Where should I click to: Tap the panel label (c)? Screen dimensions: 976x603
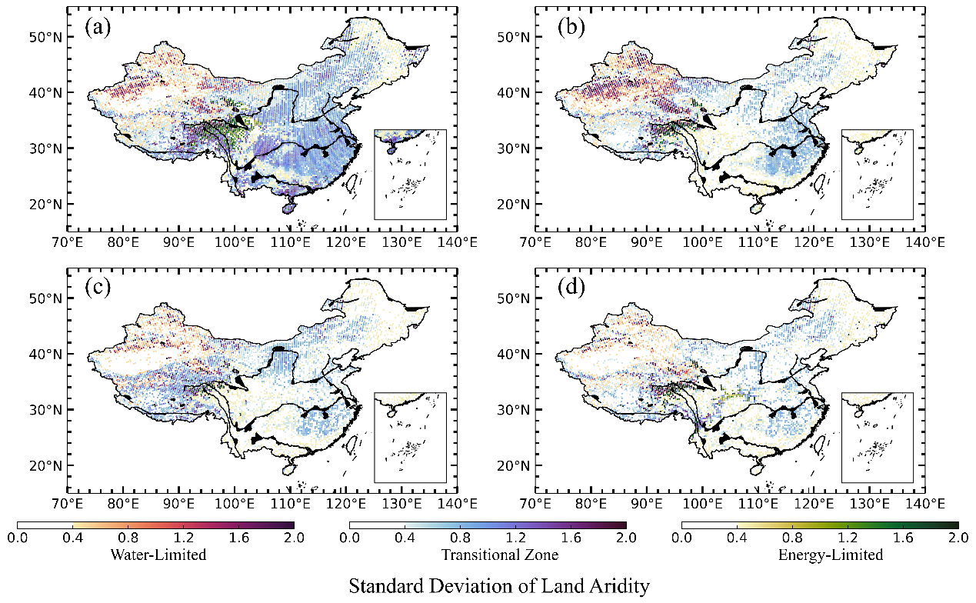(x=98, y=288)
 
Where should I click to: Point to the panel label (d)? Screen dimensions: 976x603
(x=571, y=288)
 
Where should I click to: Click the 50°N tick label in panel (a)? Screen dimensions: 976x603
(x=45, y=37)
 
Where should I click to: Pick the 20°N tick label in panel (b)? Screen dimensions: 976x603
(x=513, y=205)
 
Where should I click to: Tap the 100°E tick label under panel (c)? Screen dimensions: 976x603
(x=235, y=504)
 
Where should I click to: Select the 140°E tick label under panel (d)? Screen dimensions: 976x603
(x=925, y=504)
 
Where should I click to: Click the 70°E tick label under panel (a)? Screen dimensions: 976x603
(x=68, y=242)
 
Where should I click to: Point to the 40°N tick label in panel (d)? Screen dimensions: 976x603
(x=513, y=355)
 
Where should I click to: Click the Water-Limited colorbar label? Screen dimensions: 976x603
(x=158, y=555)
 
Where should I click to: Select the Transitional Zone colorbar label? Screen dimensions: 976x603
(x=500, y=555)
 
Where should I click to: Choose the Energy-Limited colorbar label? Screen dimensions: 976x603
(x=831, y=555)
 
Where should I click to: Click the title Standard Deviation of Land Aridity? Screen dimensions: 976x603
(x=499, y=586)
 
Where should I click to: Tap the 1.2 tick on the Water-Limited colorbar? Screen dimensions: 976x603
(x=184, y=538)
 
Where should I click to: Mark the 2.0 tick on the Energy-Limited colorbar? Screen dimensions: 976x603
(x=958, y=538)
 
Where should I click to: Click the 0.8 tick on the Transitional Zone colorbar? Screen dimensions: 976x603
(x=460, y=538)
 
